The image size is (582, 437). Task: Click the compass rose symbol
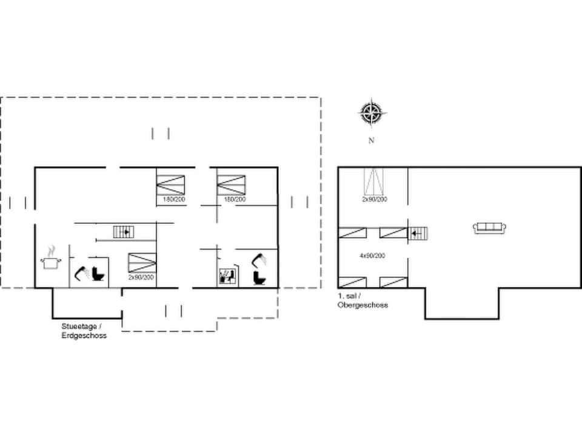[372, 113]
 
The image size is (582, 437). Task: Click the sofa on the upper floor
[489, 228]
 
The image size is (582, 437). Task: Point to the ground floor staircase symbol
[122, 231]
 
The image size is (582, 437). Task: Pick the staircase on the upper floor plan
[418, 232]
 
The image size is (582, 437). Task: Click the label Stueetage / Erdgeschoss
[84, 331]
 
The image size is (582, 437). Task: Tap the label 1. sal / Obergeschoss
[362, 300]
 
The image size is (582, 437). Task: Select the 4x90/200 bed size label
[373, 256]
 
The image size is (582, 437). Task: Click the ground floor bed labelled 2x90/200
[141, 263]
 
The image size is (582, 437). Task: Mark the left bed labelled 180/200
[170, 185]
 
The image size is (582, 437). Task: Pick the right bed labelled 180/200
[232, 185]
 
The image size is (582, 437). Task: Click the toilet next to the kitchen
[99, 274]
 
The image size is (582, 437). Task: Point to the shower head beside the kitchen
[81, 273]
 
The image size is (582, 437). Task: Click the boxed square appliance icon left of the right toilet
[226, 277]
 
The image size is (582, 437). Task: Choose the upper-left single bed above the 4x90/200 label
[352, 232]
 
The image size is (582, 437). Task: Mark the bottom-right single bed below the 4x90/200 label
[393, 282]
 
